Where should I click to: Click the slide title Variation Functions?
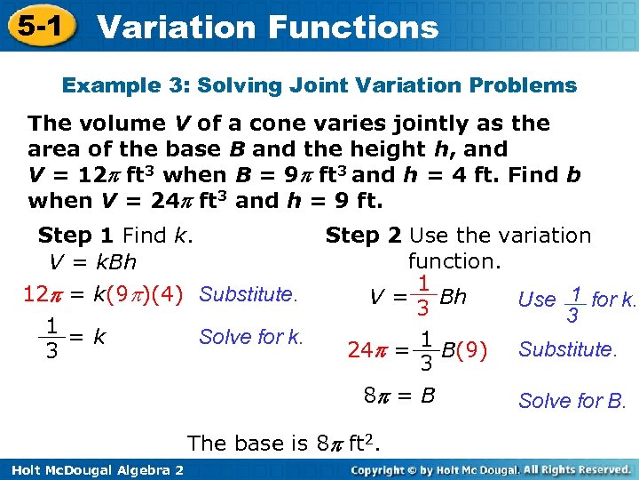pyautogui.click(x=267, y=27)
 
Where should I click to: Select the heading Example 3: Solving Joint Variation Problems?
pyautogui.click(x=319, y=86)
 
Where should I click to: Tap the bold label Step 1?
pyautogui.click(x=75, y=236)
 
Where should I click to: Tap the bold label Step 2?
pyautogui.click(x=363, y=236)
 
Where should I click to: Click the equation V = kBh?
pyautogui.click(x=92, y=262)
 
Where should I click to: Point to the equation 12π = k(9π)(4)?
pyautogui.click(x=101, y=294)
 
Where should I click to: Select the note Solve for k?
pyautogui.click(x=251, y=337)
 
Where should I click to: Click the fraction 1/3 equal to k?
pyautogui.click(x=52, y=338)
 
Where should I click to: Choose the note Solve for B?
pyautogui.click(x=572, y=401)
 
